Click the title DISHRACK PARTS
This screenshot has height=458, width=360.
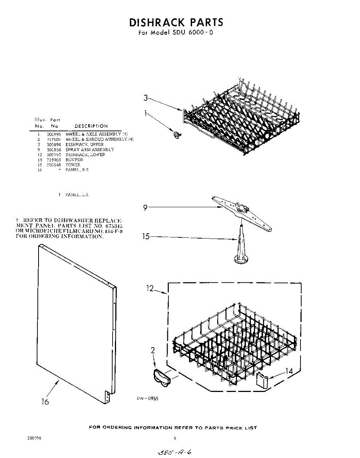point(176,22)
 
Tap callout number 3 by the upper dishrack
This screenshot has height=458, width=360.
point(145,98)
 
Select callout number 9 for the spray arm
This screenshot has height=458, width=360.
point(145,208)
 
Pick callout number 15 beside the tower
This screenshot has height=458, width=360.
point(146,236)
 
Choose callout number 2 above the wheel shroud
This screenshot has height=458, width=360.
point(153,350)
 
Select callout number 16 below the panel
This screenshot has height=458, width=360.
point(45,402)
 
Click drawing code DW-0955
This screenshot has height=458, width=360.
point(147,398)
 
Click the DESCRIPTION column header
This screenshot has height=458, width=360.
point(91,126)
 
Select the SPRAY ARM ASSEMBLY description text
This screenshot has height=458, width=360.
point(90,150)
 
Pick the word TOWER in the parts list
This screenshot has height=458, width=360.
point(73,164)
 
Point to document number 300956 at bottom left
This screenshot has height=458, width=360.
point(34,438)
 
